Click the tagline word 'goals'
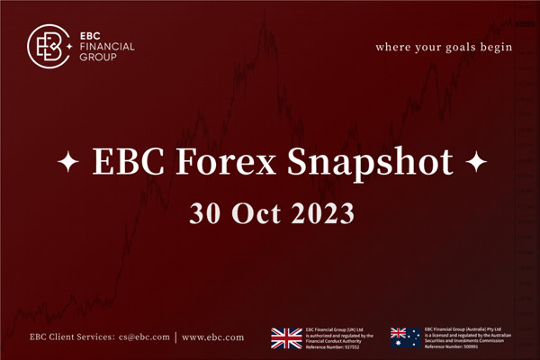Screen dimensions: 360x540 (x=459, y=46)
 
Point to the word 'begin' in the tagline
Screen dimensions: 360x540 (x=497, y=46)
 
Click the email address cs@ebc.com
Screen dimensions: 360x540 (x=146, y=337)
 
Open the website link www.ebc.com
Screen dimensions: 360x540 (x=212, y=337)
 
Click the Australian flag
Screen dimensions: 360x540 (x=404, y=337)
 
